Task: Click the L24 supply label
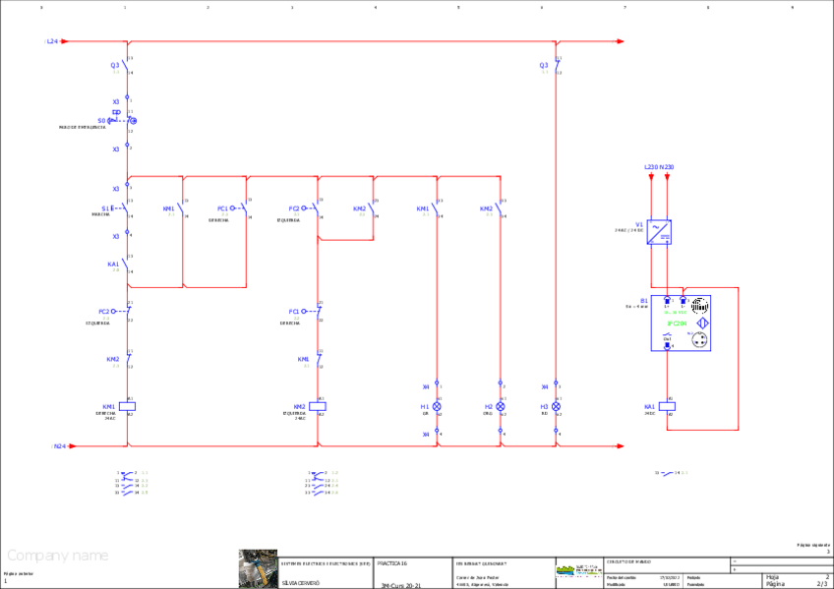[x=53, y=41]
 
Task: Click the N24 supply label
[x=59, y=445]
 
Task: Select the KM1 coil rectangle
[x=127, y=406]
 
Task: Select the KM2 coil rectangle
[x=318, y=406]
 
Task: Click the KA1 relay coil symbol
[x=668, y=406]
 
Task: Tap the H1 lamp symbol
[x=438, y=406]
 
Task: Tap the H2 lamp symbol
[x=501, y=406]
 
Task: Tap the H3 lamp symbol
[x=556, y=406]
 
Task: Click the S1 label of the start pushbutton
[x=106, y=208]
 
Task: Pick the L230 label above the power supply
[x=650, y=167]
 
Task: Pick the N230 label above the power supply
[x=669, y=167]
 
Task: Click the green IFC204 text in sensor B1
[x=677, y=323]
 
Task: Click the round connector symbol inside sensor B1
[x=700, y=340]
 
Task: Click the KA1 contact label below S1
[x=112, y=264]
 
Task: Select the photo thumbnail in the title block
[x=258, y=569]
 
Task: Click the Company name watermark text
[x=58, y=556]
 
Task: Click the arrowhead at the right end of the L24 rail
[x=620, y=41]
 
